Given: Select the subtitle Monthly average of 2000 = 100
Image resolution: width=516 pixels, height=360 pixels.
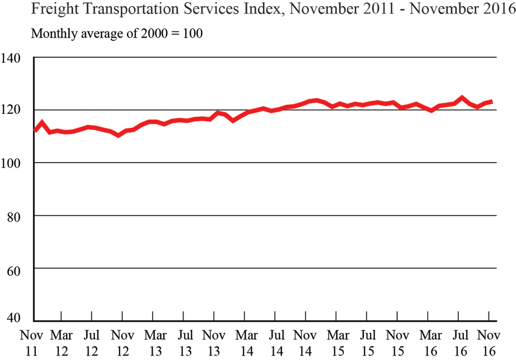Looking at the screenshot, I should [x=116, y=33].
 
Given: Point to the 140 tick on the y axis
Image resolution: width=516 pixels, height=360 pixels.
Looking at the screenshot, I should [x=11, y=57].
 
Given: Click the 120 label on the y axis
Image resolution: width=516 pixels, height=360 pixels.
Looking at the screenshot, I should [x=11, y=110].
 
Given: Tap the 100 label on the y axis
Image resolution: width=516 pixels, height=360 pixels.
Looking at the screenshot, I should [x=11, y=163].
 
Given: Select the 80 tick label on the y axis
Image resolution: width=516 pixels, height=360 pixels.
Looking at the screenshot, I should [x=13, y=216].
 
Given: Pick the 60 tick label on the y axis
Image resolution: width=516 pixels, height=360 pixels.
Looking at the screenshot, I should [x=13, y=269].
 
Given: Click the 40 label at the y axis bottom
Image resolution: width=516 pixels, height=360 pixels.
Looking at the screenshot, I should [x=13, y=317].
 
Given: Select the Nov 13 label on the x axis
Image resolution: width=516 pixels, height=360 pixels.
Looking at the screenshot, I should [x=213, y=342].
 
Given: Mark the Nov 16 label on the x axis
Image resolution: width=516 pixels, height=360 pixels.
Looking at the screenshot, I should [x=487, y=342].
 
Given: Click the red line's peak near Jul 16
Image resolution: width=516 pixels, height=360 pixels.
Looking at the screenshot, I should [x=462, y=98].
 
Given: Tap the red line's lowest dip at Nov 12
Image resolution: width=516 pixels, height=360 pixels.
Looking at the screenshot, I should [x=118, y=135].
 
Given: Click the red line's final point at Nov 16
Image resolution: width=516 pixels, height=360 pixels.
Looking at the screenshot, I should [x=492, y=101].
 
